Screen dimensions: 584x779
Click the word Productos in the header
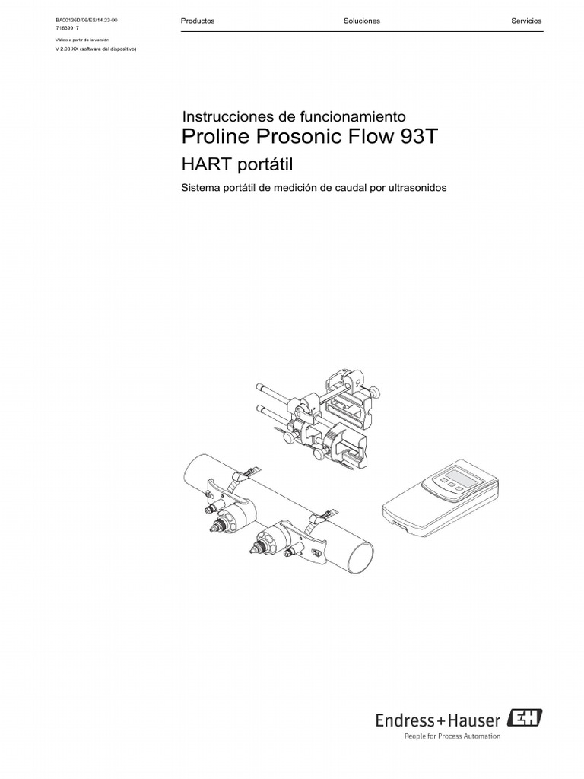click(198, 21)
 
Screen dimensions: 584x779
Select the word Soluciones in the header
click(362, 21)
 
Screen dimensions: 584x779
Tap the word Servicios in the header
click(526, 21)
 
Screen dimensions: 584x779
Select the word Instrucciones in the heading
click(227, 117)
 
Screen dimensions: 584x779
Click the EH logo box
click(528, 718)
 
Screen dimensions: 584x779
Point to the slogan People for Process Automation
click(451, 736)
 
